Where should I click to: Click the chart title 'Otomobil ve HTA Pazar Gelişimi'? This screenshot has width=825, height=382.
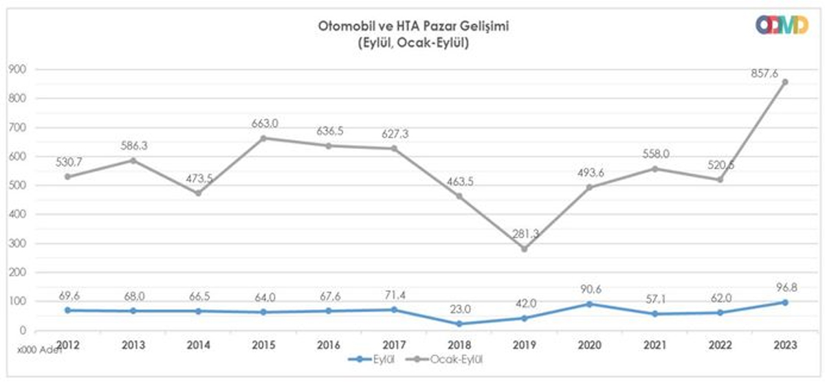click(412, 27)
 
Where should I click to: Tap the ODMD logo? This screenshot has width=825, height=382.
click(781, 25)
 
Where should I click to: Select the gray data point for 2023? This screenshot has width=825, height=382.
click(785, 82)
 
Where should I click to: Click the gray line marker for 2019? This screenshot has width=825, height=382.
click(525, 249)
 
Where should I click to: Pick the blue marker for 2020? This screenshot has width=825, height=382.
click(590, 304)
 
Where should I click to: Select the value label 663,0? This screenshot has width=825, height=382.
click(265, 124)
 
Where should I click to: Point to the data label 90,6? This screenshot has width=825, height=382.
click(590, 289)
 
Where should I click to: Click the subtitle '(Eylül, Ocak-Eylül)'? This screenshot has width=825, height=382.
click(412, 42)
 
